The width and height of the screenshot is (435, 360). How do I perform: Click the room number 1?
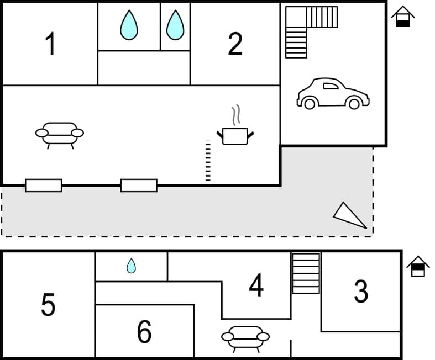click(x=50, y=44)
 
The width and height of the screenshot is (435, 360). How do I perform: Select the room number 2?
click(x=235, y=44)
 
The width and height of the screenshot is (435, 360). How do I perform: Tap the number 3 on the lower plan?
click(x=361, y=291)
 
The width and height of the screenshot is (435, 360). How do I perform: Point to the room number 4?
click(x=256, y=285)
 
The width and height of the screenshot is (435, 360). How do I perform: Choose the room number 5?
click(x=48, y=304)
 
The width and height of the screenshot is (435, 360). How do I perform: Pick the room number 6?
click(x=144, y=331)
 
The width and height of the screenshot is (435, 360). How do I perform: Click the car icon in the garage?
click(x=333, y=93)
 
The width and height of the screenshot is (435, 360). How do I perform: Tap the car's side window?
click(x=330, y=86)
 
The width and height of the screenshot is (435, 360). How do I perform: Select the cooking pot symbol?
click(x=235, y=136)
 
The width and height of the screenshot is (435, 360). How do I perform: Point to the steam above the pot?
click(x=237, y=115)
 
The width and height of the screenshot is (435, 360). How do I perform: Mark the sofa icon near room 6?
click(x=245, y=337)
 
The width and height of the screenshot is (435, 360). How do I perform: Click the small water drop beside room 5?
click(x=131, y=266)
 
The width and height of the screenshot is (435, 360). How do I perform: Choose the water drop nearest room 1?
click(x=129, y=25)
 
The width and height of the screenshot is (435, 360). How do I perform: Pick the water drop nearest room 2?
click(x=175, y=25)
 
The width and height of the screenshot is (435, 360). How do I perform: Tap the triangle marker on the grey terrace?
click(x=349, y=215)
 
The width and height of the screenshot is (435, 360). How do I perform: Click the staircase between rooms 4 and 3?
click(x=306, y=273)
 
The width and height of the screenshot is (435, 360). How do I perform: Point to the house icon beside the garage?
click(x=403, y=16)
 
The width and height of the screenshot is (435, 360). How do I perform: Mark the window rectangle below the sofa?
click(x=44, y=186)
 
